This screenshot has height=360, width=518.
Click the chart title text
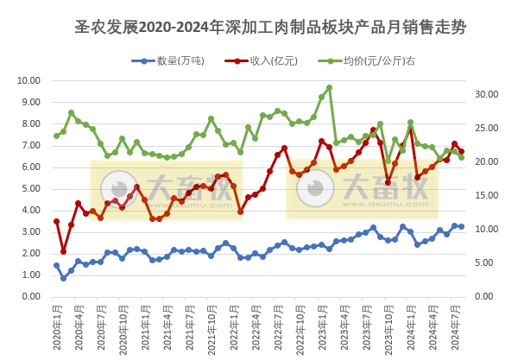coord(270,28)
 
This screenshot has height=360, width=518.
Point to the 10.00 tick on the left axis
coord(28,80)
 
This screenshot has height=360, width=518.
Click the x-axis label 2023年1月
coord(319,328)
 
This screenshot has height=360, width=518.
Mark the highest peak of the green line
coord(329,87)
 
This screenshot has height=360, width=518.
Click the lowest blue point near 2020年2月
coord(63,278)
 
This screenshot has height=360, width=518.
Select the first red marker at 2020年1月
coord(56,221)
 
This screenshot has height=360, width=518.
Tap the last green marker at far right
coord(461,157)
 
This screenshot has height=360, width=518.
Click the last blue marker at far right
coord(461,226)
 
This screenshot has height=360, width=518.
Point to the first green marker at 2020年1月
coord(56,136)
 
